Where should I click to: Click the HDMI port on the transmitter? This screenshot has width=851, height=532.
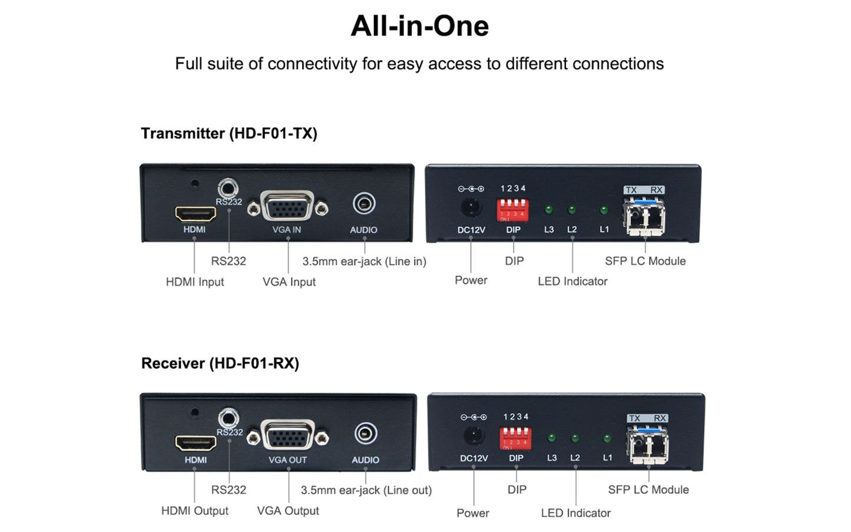195,213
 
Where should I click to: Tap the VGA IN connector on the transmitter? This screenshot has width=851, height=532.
287,207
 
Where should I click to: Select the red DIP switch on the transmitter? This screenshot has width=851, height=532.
512,209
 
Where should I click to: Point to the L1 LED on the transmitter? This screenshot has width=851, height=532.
604,210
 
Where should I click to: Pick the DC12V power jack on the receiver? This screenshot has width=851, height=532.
473,435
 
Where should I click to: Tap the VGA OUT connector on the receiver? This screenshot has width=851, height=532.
288,437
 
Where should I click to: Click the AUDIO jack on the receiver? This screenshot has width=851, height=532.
366,434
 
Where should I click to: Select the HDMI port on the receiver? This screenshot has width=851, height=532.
196,443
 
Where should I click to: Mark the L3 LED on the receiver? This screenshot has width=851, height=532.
552,438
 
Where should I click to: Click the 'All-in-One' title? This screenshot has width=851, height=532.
419,26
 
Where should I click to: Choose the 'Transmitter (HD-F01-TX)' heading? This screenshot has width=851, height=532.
229,133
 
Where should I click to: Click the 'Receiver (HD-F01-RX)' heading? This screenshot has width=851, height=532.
220,363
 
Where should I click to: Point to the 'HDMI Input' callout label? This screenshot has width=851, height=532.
195,282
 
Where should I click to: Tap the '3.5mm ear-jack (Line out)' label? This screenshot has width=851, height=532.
366,490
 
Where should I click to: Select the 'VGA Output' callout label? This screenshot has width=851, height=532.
288,511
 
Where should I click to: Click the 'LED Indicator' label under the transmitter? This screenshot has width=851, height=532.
572,282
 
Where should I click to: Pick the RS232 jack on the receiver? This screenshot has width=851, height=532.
229,419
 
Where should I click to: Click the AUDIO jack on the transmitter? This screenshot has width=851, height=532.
364,204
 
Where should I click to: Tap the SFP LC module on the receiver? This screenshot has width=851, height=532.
648,445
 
